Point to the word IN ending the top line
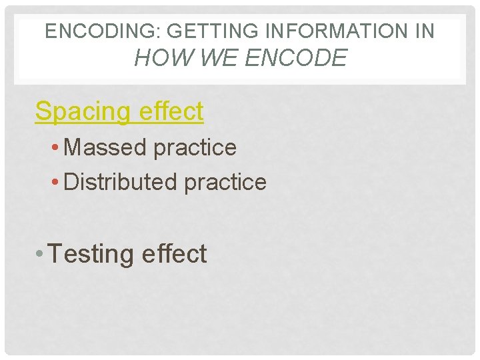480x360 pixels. [423, 31]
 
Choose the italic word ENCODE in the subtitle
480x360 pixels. [296, 58]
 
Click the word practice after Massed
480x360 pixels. [195, 148]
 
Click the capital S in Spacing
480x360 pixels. [43, 111]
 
